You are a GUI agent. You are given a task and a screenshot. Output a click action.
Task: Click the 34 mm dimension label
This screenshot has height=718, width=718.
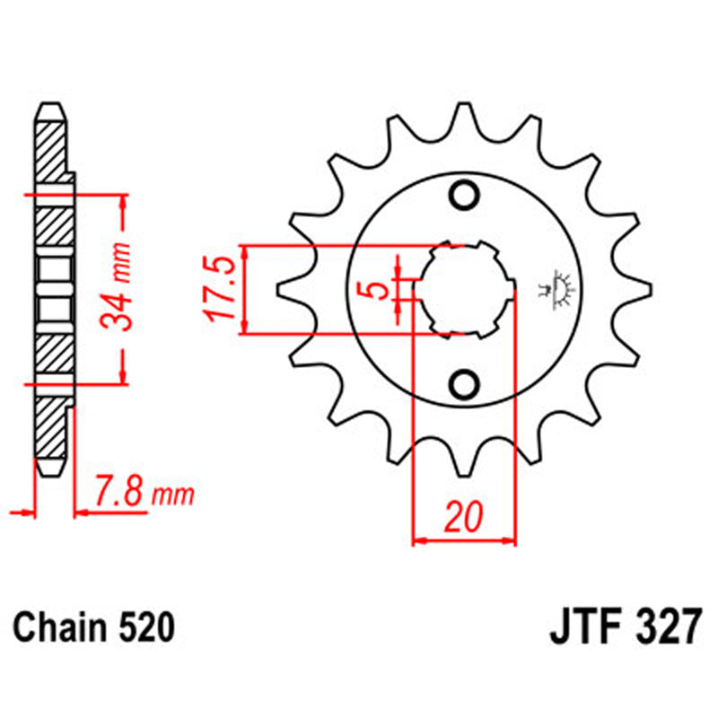(120, 285)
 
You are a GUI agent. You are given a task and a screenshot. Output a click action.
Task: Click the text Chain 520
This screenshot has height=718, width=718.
(92, 626)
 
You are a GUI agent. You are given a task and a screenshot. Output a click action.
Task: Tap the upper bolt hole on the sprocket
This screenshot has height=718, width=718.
(465, 195)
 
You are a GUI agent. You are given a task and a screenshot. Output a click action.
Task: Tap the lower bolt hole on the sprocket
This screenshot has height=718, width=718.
(465, 385)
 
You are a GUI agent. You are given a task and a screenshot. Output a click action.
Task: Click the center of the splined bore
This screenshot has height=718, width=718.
(465, 290)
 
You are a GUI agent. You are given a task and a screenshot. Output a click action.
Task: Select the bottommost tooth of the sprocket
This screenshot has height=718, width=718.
(466, 465)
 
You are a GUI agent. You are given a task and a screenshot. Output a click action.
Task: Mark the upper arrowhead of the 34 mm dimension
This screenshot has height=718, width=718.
(122, 201)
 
